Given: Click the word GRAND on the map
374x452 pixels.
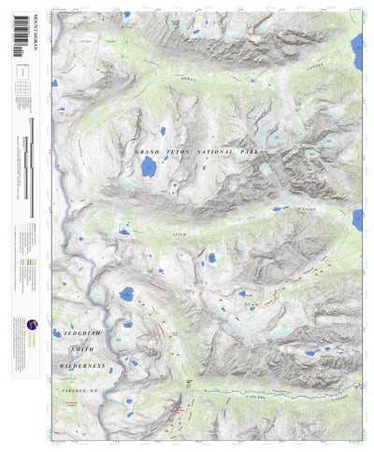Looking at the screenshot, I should [x=150, y=151].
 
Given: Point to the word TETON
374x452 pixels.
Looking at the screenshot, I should [x=187, y=151].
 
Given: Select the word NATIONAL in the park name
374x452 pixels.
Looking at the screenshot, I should [x=229, y=151].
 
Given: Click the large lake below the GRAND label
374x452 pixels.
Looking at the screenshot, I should [x=149, y=167].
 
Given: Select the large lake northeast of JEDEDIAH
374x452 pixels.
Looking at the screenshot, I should [x=126, y=295].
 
